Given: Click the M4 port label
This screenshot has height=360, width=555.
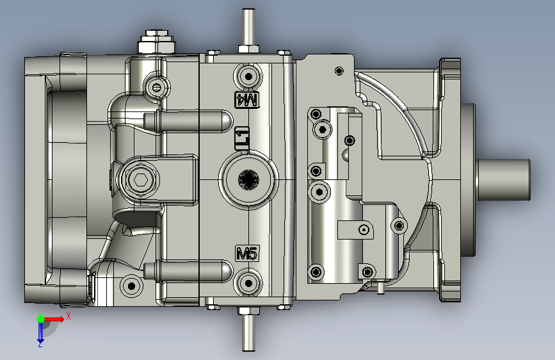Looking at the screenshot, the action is pos(247,99).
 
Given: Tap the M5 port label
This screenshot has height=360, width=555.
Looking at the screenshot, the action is pos(247,254).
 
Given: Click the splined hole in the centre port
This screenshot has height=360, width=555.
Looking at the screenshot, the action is pos(248,179).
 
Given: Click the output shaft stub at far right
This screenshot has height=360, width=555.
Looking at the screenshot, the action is pos(504,179).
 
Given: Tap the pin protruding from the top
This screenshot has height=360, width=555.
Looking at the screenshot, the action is pos(248,28).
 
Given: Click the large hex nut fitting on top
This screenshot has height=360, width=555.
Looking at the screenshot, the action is pos(156,42).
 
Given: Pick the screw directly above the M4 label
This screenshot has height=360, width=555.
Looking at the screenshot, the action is pos(248,76).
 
